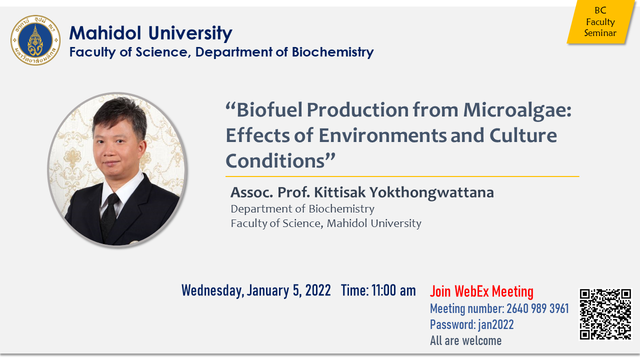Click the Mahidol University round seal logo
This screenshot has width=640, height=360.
tap(35, 40)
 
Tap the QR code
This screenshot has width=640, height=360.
tap(605, 314)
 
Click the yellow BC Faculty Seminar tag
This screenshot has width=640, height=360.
tap(601, 21)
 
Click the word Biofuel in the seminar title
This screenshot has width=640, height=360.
tap(269, 110)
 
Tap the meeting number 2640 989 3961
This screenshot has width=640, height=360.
tap(537, 308)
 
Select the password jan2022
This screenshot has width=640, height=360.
tap(495, 325)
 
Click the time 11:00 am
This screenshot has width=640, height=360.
tap(393, 290)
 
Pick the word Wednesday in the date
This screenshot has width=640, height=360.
tap(213, 291)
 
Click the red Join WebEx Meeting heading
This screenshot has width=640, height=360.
tap(481, 291)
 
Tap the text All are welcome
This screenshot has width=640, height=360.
tap(465, 340)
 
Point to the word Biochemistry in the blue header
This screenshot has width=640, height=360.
tap(332, 52)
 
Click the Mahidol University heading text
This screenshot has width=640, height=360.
tap(150, 33)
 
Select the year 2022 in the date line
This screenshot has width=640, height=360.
tap(318, 290)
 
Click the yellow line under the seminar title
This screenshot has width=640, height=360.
tap(402, 176)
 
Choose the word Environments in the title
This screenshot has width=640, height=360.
tap(382, 135)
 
